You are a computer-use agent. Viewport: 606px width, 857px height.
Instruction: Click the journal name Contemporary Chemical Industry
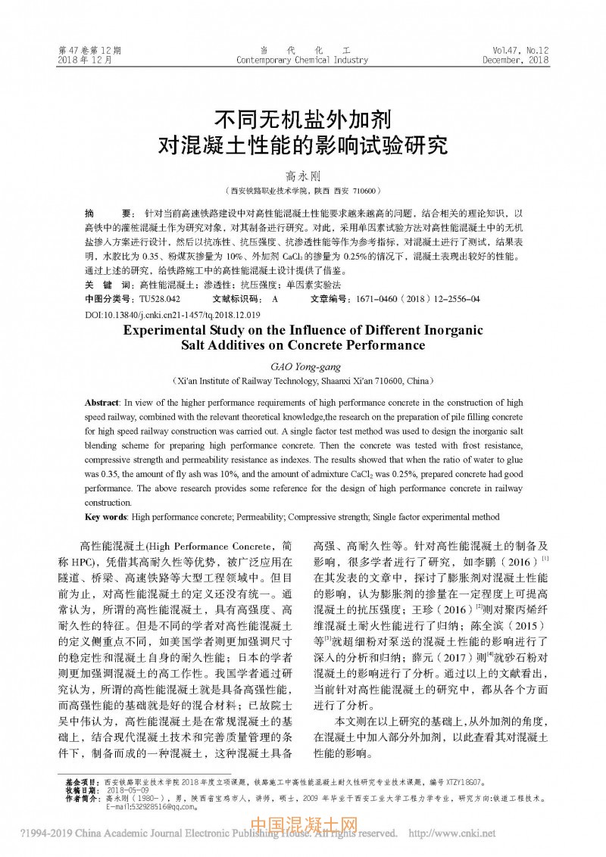coord(302,60)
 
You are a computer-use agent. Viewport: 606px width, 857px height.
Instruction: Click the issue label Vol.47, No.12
coord(520,50)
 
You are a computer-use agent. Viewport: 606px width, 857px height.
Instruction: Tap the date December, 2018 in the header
coord(515,60)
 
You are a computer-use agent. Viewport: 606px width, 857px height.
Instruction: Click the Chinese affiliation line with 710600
coord(302,191)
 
